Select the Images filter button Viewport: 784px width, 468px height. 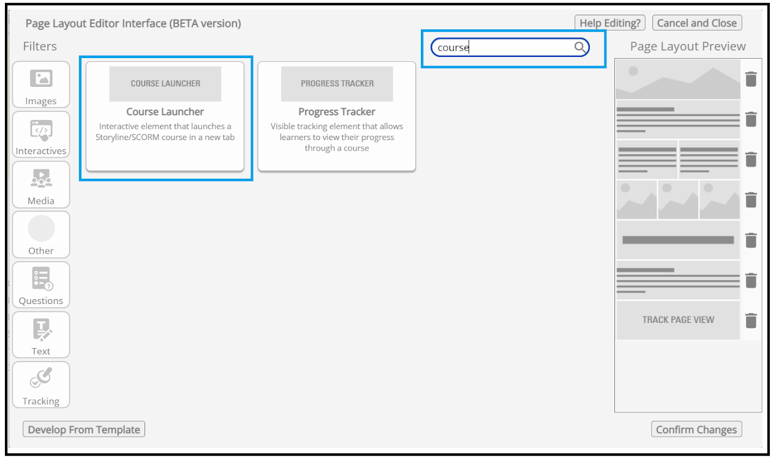tap(41, 84)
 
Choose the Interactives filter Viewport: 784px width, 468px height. tap(41, 135)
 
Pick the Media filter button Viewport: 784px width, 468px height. tap(41, 185)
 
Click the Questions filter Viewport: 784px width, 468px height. tap(41, 285)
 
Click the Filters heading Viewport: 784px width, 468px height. tap(40, 46)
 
